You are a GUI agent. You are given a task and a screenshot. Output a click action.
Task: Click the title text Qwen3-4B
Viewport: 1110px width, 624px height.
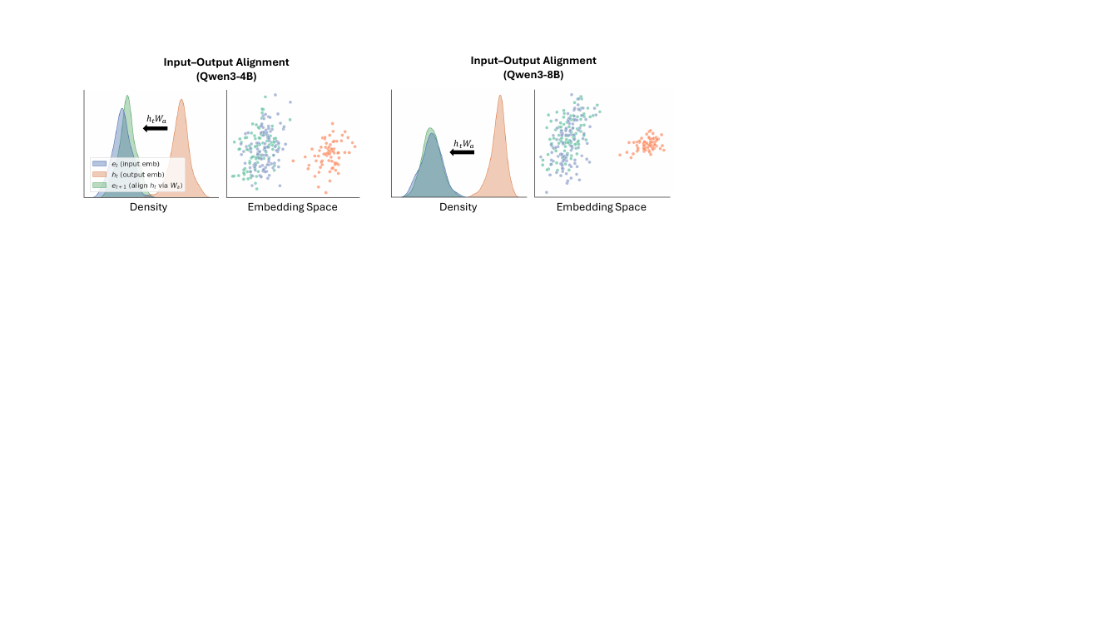point(225,77)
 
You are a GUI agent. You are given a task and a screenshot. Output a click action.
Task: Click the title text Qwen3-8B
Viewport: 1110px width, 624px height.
point(533,75)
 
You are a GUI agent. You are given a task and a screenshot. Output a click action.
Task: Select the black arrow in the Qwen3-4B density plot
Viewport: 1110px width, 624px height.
point(156,128)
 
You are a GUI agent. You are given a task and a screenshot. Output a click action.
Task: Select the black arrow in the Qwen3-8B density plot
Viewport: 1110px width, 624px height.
point(462,152)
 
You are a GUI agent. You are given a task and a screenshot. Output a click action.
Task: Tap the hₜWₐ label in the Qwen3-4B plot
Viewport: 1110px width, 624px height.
point(156,119)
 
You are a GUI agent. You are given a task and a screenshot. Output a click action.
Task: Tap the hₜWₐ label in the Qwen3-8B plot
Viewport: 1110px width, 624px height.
point(463,144)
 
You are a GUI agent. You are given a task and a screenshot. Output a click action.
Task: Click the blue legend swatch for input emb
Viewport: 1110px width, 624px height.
point(100,164)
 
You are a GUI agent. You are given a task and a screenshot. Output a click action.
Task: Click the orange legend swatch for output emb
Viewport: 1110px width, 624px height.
point(100,175)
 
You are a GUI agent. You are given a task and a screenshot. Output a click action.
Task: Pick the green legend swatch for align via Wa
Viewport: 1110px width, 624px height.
point(100,186)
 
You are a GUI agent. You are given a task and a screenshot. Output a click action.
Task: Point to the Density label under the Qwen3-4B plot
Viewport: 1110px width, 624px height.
point(148,206)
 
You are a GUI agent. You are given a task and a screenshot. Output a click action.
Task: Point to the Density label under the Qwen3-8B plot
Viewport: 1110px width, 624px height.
point(458,206)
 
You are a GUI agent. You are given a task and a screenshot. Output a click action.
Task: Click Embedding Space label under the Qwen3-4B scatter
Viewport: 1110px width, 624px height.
point(293,206)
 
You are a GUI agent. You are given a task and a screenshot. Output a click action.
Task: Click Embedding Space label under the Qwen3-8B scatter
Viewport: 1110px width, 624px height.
point(602,206)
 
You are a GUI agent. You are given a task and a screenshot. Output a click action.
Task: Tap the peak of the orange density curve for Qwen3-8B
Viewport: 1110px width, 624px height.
point(500,96)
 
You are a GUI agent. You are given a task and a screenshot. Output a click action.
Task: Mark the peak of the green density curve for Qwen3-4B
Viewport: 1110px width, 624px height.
point(127,96)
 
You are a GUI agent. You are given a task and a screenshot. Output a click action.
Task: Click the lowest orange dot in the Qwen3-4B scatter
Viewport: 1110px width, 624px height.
point(325,192)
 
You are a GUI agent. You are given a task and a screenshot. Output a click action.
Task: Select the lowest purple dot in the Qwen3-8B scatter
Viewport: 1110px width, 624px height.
point(547,192)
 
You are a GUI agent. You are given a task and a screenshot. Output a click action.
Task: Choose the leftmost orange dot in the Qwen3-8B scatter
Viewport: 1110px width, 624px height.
point(620,155)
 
